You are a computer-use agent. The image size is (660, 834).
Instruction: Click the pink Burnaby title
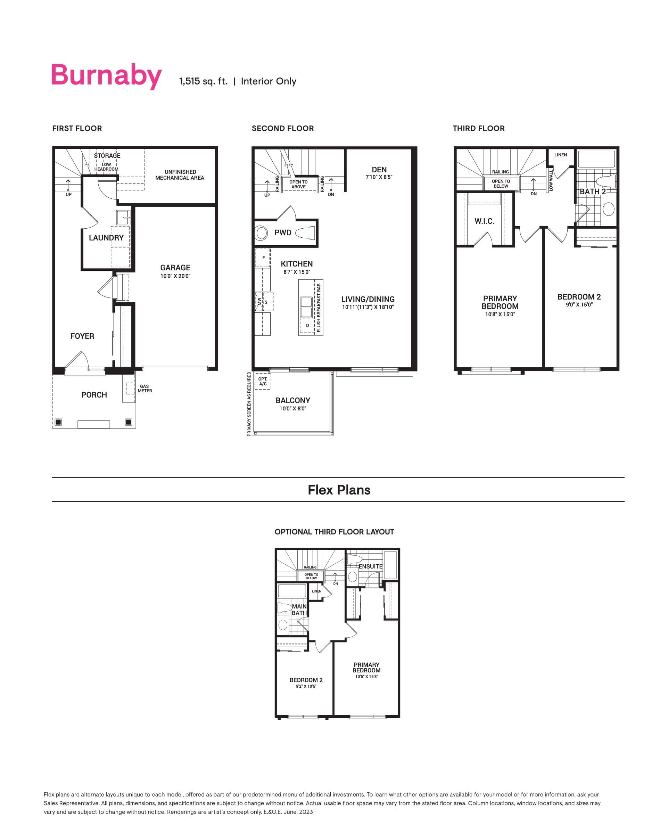tap(106, 76)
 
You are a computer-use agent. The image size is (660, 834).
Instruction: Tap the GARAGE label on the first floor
tap(175, 268)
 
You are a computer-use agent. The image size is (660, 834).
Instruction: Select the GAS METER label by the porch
tap(145, 389)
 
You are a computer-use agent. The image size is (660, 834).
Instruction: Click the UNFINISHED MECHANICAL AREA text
tap(180, 175)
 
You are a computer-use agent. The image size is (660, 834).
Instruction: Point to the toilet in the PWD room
tap(305, 233)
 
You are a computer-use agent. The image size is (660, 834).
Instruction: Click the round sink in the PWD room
tap(262, 233)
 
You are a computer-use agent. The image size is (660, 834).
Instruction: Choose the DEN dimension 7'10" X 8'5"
tap(379, 177)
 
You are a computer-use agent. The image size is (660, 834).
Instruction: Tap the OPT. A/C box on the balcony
tap(263, 382)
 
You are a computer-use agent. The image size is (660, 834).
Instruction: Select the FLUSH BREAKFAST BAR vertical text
tap(319, 308)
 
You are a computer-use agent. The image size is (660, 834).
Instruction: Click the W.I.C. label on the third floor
tap(484, 221)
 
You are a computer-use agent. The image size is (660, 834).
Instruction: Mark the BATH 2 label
tap(592, 192)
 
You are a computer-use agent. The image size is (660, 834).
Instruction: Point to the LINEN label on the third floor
tap(560, 155)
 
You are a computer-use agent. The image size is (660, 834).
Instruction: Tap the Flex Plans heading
tap(339, 490)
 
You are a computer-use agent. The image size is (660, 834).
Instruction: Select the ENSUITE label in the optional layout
tap(370, 566)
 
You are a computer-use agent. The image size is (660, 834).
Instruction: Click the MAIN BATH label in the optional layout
tap(299, 610)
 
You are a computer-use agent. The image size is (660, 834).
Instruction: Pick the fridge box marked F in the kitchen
tap(263, 258)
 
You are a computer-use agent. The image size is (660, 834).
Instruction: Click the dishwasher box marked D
tap(307, 325)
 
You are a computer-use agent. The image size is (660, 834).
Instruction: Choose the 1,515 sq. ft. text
tap(203, 82)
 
